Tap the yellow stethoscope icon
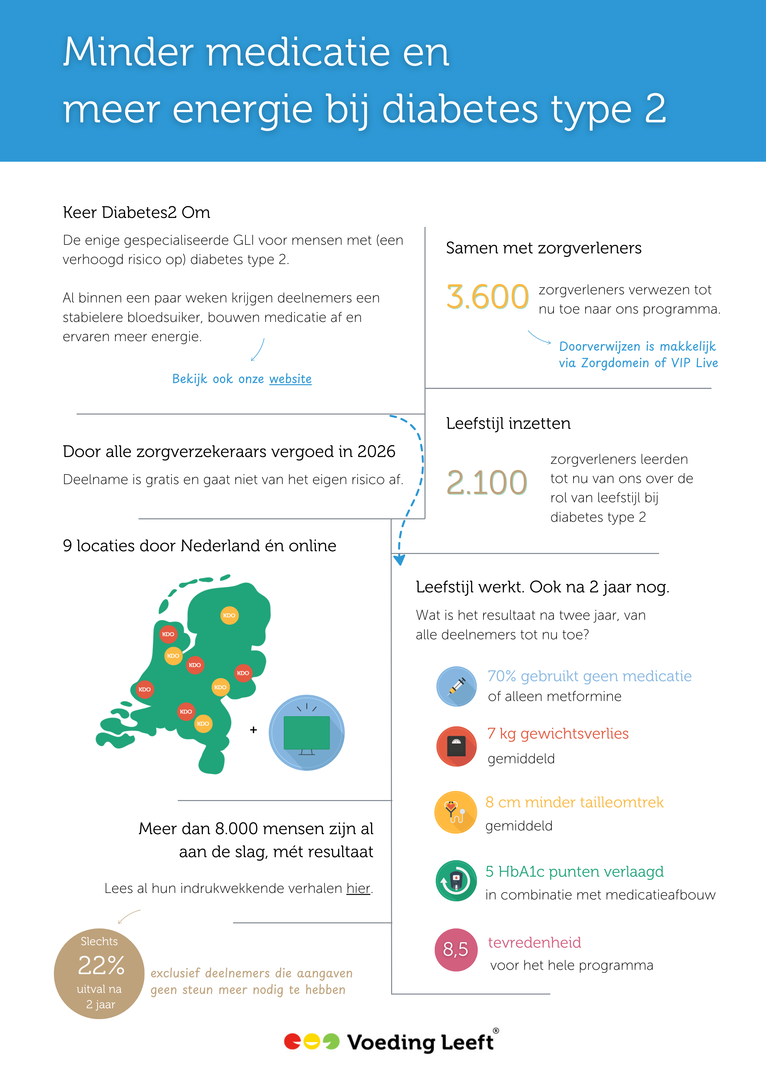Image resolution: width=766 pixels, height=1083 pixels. [455, 812]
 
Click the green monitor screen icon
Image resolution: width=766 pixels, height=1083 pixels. [307, 733]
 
